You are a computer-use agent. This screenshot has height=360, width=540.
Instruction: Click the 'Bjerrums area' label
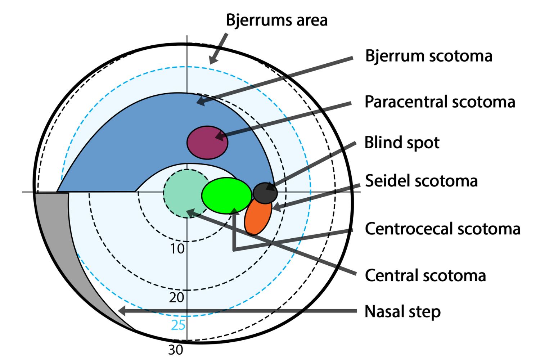click(x=276, y=20)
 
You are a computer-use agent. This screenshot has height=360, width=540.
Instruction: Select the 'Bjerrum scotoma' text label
click(x=428, y=56)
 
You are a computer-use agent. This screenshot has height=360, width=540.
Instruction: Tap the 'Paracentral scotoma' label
click(x=440, y=102)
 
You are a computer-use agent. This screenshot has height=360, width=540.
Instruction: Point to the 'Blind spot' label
click(x=402, y=143)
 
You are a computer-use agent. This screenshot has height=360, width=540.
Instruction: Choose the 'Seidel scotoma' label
click(x=421, y=181)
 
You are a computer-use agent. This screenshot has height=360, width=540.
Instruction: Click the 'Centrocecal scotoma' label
click(x=442, y=229)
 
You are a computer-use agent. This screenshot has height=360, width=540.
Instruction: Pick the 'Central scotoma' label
click(x=425, y=275)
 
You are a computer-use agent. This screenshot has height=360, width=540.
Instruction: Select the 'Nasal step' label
click(x=402, y=312)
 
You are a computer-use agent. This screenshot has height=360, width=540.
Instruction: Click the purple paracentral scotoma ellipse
click(x=207, y=143)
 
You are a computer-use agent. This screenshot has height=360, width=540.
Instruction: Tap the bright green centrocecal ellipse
click(x=226, y=195)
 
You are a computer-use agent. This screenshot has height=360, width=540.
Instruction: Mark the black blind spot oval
click(x=265, y=193)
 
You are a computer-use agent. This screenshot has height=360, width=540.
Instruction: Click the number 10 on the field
click(x=177, y=249)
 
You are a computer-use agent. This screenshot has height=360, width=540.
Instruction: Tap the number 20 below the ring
click(x=177, y=297)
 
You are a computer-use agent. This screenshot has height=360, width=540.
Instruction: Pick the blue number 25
click(x=178, y=325)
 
